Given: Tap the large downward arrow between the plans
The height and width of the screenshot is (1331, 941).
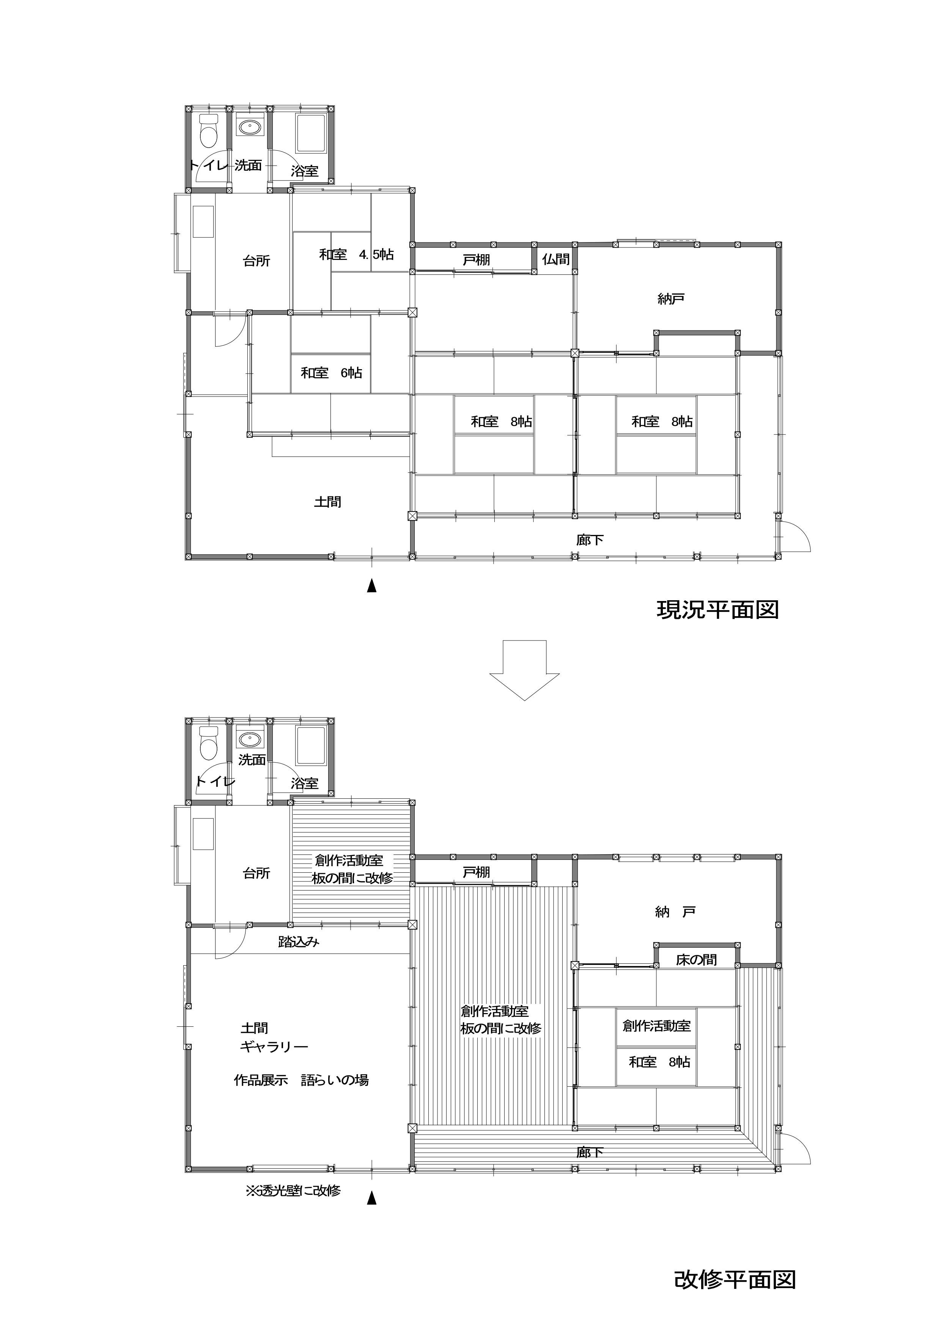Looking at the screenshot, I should tap(524, 670).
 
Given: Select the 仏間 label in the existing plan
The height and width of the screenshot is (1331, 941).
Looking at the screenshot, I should tap(555, 259).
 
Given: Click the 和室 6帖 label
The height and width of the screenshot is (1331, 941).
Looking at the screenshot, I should tap(331, 373).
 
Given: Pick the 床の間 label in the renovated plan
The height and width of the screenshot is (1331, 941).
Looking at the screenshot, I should tap(696, 960).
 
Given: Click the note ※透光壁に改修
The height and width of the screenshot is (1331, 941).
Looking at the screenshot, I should tap(293, 1190).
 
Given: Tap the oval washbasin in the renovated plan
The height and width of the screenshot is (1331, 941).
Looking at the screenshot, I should tap(250, 739).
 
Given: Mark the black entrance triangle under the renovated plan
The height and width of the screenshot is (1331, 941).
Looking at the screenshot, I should tap(371, 1198).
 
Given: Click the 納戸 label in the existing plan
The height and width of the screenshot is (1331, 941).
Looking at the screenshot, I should tap(671, 299).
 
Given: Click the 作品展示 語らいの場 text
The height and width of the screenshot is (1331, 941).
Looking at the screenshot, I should tap(301, 1080).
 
